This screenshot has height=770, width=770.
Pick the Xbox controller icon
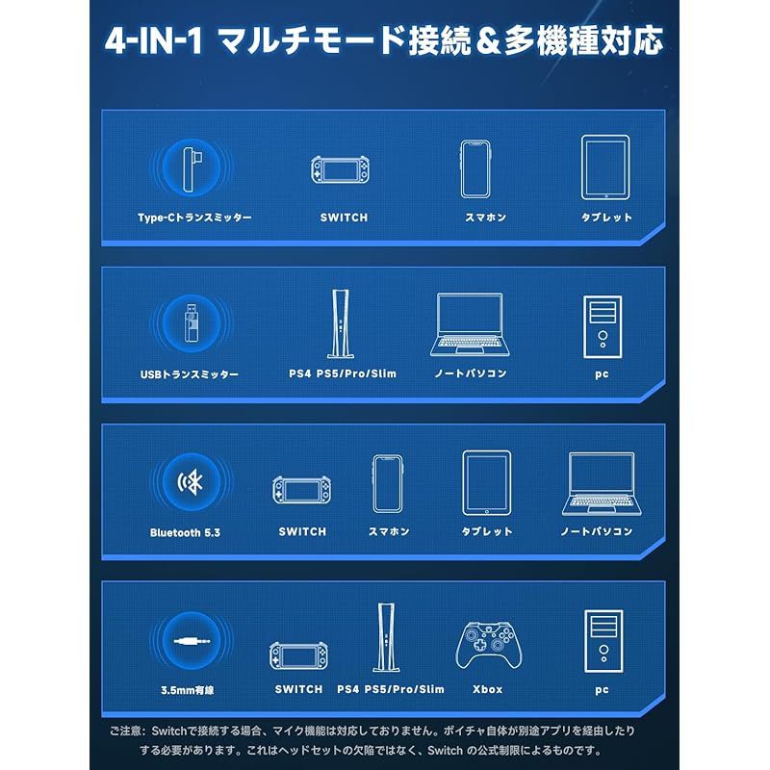click(x=488, y=642)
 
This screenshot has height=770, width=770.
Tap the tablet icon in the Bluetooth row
click(x=486, y=480)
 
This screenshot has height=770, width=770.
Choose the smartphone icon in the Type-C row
click(x=475, y=168)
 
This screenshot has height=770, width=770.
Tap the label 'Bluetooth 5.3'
click(x=185, y=532)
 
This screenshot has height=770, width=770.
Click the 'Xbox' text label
click(x=488, y=689)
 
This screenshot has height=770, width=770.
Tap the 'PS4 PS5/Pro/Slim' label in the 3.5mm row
click(x=391, y=689)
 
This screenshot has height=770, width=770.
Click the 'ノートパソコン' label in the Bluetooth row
click(x=597, y=531)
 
